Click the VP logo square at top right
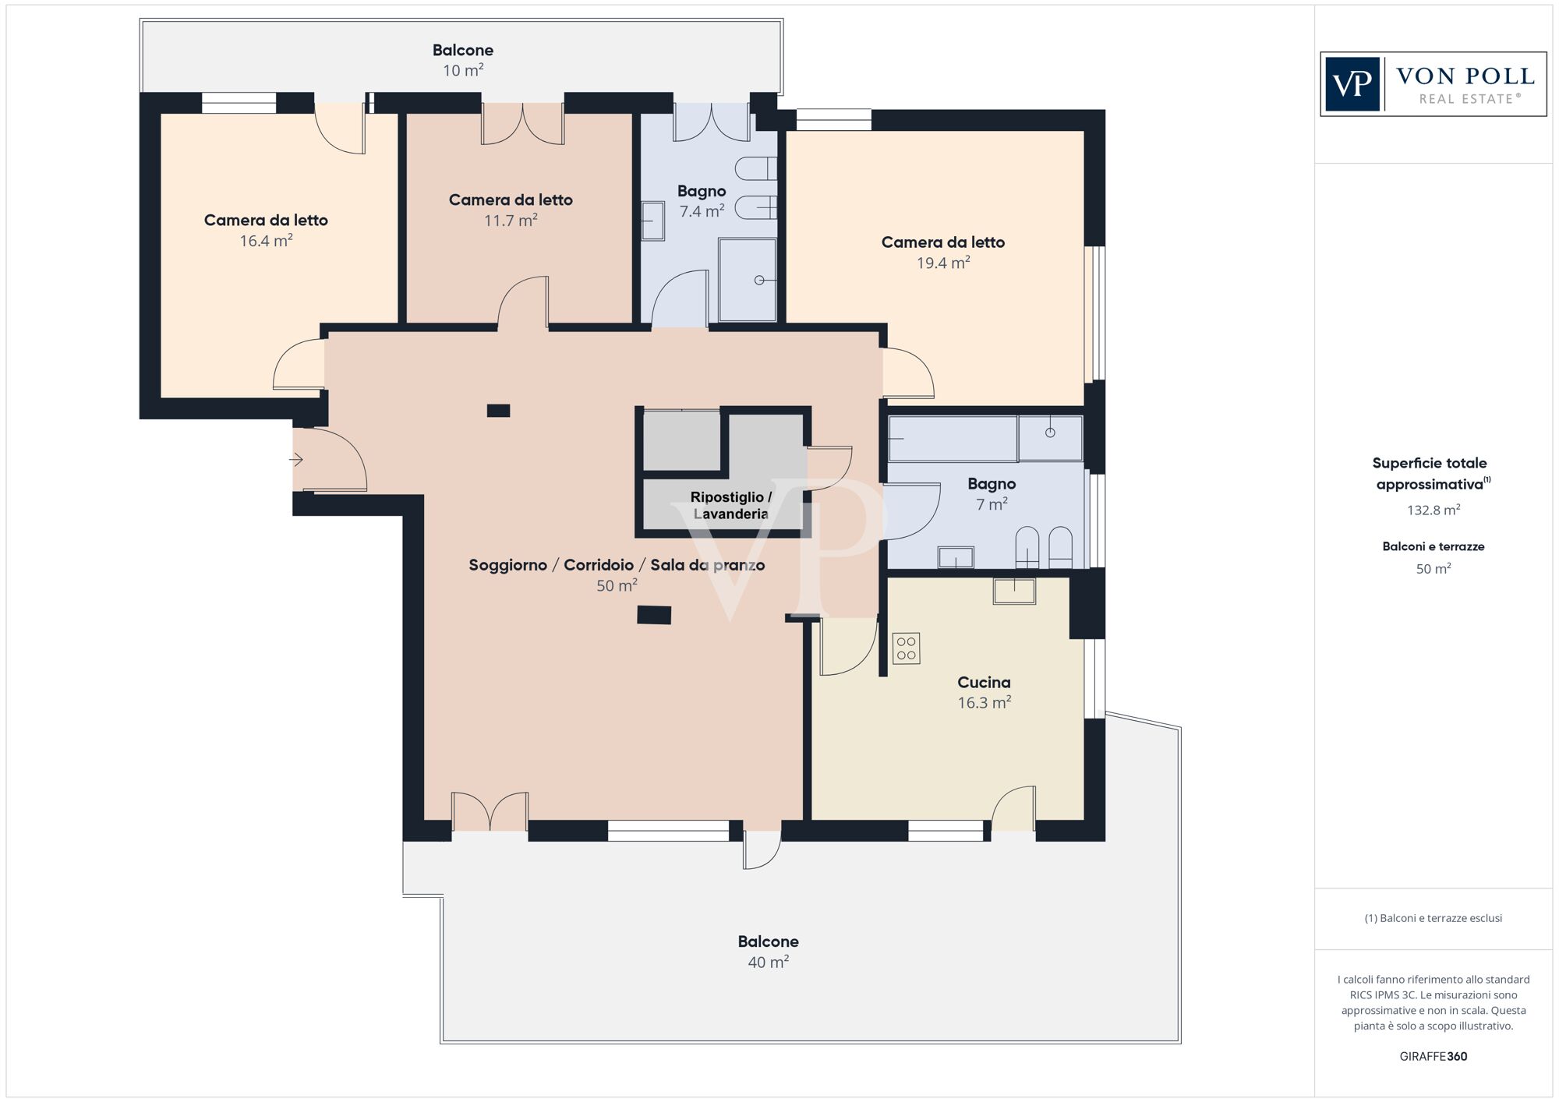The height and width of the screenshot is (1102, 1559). (1352, 84)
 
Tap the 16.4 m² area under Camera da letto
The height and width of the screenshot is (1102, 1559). (266, 241)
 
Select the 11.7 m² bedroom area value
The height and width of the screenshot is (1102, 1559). (511, 221)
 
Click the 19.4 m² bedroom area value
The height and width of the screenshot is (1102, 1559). (943, 263)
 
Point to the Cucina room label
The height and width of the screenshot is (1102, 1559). (984, 682)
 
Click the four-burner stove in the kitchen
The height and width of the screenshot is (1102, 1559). (906, 648)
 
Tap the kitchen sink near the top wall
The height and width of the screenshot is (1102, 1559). (1014, 591)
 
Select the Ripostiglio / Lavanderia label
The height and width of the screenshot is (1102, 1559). (730, 505)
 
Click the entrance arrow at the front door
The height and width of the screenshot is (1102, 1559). (296, 460)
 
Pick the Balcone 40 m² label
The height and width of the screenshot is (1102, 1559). (768, 951)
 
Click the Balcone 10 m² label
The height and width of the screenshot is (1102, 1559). (463, 60)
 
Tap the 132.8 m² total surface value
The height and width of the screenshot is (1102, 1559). (1433, 510)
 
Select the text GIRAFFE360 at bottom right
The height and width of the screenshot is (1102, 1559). (1433, 1056)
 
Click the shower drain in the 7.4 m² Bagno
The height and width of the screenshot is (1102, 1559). (759, 280)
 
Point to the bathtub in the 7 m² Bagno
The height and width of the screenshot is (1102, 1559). (953, 439)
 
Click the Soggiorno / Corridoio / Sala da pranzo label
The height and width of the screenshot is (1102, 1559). (616, 565)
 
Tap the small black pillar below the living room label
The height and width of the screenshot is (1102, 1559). (654, 615)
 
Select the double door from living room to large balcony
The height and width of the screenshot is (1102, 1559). (490, 812)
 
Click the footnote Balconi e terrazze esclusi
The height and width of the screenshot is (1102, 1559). (1433, 918)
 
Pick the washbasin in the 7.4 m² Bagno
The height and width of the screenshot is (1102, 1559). (652, 221)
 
